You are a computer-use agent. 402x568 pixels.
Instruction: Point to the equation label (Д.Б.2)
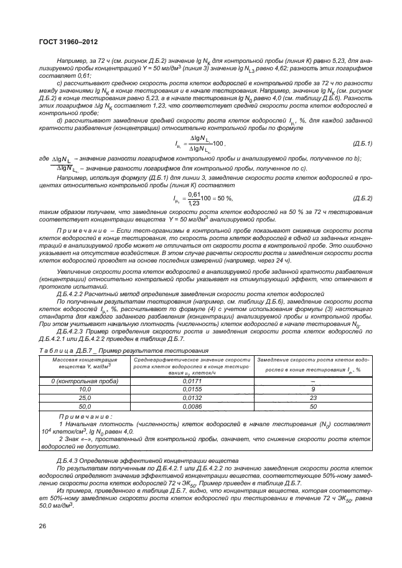(x=362, y=198)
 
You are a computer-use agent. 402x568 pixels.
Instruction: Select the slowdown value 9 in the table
(x=313, y=388)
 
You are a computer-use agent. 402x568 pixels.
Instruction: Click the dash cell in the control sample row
(x=313, y=381)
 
